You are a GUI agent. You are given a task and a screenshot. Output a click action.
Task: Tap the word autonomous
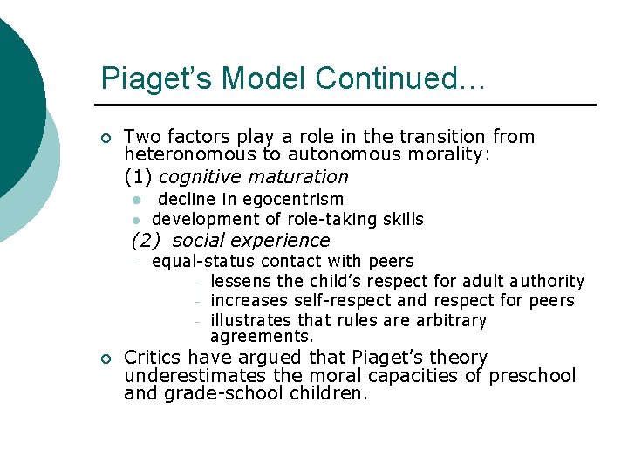point(340,154)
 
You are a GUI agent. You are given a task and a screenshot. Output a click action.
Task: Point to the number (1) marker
point(139,177)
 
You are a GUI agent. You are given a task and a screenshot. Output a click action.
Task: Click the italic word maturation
point(299,177)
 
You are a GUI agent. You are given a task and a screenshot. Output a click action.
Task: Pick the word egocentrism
point(294,199)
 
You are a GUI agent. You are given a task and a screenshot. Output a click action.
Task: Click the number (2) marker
point(146,240)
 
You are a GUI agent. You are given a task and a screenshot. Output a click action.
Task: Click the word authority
point(546,281)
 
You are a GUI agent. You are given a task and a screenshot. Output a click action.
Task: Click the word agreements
point(262,336)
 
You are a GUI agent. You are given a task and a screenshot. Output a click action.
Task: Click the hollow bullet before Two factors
point(105,138)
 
